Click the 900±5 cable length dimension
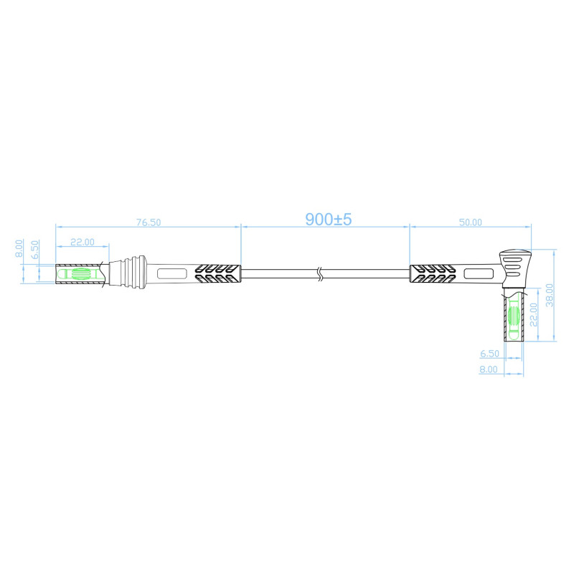329,220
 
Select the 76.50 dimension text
148,223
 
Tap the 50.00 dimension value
470,223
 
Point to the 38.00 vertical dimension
549,293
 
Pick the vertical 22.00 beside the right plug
533,313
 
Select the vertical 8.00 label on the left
20,248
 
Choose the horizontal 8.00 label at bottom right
489,370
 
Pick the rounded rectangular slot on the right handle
477,273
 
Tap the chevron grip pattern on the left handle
217,273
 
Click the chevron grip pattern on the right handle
432,273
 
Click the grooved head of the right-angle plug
515,265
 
